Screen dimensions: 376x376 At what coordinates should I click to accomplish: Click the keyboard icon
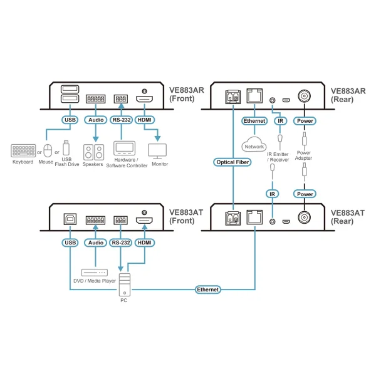click(x=23, y=152)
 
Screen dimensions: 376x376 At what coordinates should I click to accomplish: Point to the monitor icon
click(x=156, y=151)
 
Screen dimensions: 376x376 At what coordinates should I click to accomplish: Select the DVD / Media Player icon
click(x=93, y=273)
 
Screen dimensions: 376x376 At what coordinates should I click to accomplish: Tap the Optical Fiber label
click(x=233, y=162)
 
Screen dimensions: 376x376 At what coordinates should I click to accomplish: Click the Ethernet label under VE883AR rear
click(x=254, y=120)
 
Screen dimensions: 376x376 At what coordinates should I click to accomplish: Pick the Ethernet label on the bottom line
click(x=207, y=290)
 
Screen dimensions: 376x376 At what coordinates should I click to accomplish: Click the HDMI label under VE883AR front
click(x=145, y=120)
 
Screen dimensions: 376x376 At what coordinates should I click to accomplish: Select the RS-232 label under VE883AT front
click(x=120, y=242)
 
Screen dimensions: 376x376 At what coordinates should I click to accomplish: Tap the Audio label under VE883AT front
click(x=95, y=242)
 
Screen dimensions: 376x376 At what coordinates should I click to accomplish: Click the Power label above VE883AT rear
click(x=305, y=194)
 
